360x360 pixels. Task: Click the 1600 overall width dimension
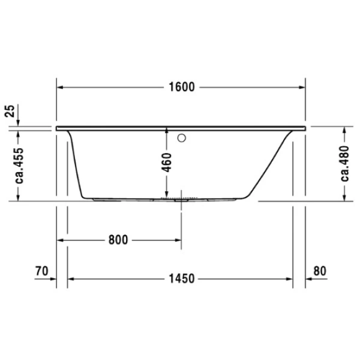point(182,87)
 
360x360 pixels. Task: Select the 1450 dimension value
point(182,278)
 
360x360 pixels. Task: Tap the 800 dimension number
point(118,240)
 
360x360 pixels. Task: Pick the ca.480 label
point(345,163)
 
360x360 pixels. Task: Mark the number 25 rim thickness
point(8,111)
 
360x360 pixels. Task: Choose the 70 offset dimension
point(40,271)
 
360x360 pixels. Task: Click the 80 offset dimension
point(320,271)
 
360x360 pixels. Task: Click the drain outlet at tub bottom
point(178,200)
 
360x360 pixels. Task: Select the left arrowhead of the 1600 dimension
point(61,87)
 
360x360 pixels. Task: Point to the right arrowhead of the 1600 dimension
point(304,87)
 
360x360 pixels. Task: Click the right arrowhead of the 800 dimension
point(178,240)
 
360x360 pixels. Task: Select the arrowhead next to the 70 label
point(53,278)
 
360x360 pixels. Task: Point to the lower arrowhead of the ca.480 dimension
point(346,199)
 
